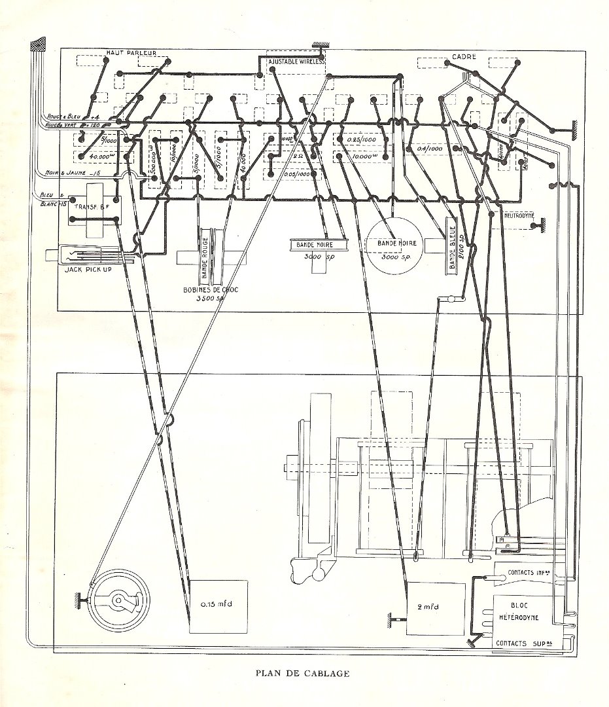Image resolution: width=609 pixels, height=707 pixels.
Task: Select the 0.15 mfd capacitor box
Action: [219, 606]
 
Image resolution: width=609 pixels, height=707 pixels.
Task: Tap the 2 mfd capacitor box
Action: [436, 608]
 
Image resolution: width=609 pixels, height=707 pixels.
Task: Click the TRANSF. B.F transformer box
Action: [94, 208]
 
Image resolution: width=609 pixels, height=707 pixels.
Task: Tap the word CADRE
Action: [464, 58]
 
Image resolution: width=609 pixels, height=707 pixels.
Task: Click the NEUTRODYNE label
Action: [520, 215]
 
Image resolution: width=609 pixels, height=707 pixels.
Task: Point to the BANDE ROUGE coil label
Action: [204, 254]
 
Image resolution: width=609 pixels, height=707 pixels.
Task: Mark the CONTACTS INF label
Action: [529, 572]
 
